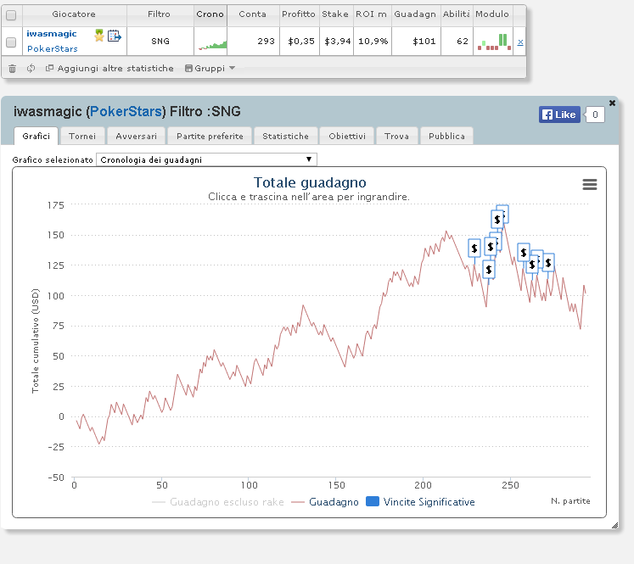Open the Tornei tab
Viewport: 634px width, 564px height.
[82, 137]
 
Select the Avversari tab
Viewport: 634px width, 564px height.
[137, 137]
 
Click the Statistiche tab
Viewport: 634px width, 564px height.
[285, 137]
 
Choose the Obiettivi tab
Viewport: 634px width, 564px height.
[347, 137]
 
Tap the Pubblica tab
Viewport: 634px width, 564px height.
[446, 137]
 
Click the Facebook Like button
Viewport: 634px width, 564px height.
[559, 114]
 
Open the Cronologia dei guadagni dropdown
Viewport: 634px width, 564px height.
[206, 159]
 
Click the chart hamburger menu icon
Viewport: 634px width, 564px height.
[590, 185]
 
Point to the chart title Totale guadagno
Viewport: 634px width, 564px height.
[310, 182]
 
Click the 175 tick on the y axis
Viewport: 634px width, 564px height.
[56, 205]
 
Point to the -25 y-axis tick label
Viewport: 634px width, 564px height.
[56, 447]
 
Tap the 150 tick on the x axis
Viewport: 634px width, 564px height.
[336, 485]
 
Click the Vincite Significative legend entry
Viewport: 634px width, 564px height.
[420, 502]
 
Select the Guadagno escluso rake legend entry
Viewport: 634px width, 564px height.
[218, 502]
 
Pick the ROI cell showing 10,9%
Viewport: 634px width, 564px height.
[373, 42]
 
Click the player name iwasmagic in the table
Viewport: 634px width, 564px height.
[52, 34]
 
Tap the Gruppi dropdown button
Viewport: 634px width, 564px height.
[210, 69]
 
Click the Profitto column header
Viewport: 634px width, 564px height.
[299, 14]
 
